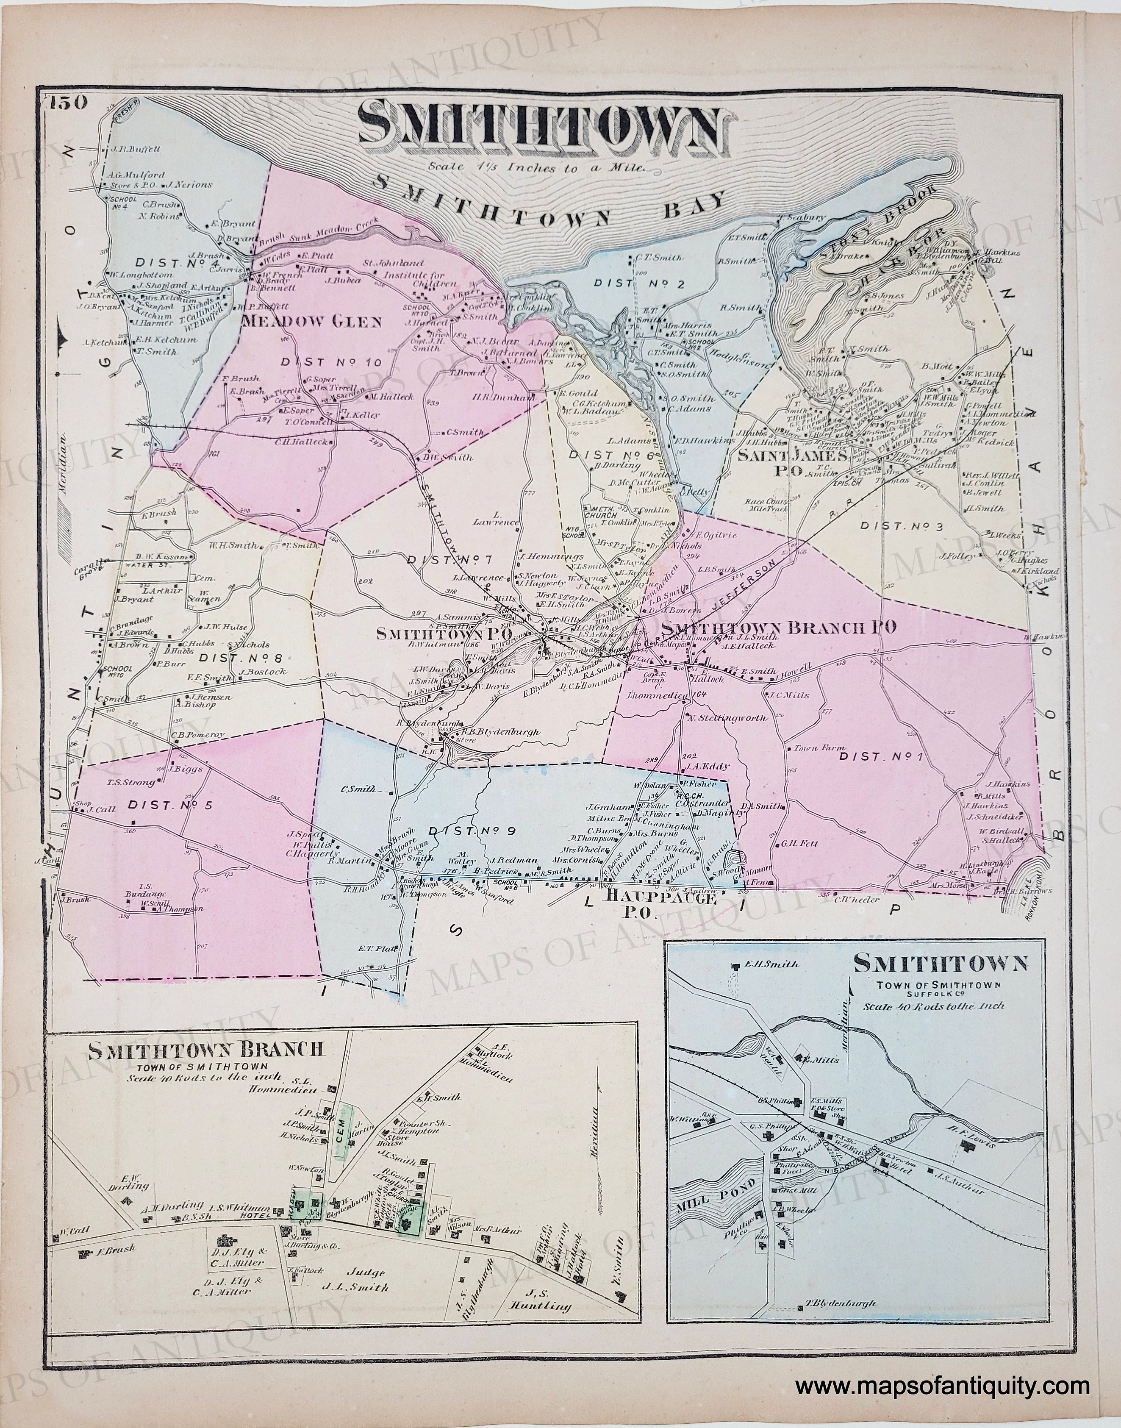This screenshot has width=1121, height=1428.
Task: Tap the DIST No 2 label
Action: pyautogui.click(x=630, y=283)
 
